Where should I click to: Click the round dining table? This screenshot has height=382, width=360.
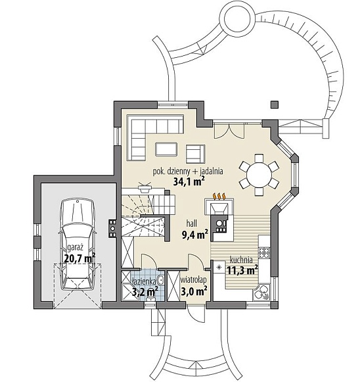[258, 174]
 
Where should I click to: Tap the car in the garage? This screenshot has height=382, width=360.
[77, 245]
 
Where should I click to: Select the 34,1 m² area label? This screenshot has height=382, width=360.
[189, 181]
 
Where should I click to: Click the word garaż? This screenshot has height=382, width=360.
[75, 248]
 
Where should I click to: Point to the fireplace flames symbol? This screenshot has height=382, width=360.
[219, 196]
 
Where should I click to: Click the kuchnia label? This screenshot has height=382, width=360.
[241, 260]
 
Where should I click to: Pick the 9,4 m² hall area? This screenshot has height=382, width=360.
[194, 235]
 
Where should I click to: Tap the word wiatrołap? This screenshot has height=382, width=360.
[194, 280]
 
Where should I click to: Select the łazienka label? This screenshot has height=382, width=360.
[144, 281]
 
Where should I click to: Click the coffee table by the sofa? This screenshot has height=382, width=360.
[166, 149]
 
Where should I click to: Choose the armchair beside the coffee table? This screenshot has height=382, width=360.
[196, 154]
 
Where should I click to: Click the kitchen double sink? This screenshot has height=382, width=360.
[261, 292]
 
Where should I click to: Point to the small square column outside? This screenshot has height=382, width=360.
[275, 105]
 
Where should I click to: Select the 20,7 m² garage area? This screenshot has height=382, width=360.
[79, 258]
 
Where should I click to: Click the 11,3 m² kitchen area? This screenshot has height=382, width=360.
[242, 270]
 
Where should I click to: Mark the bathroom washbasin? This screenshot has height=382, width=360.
[161, 280]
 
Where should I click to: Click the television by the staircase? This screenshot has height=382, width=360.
[145, 187]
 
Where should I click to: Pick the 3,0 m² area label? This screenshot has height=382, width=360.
[194, 291]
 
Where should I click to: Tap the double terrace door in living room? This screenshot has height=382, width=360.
[229, 130]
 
